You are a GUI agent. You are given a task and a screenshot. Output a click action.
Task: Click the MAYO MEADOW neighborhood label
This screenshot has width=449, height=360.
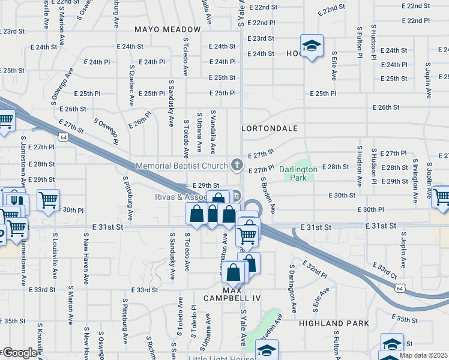pos(167,29)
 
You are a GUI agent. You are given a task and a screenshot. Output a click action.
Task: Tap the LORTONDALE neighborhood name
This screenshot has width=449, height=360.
pos(270,128)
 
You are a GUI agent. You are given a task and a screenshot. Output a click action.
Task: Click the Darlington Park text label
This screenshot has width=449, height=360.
pos(298,173)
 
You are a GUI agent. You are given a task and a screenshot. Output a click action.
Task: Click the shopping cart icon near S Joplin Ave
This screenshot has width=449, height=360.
pos(441,196)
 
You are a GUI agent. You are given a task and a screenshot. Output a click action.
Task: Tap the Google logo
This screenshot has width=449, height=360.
pos(19,353)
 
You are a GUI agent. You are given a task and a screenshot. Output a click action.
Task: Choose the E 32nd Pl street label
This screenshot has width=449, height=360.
pos(315,269)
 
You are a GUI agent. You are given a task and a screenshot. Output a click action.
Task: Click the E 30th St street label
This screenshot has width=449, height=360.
pos(342,196)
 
